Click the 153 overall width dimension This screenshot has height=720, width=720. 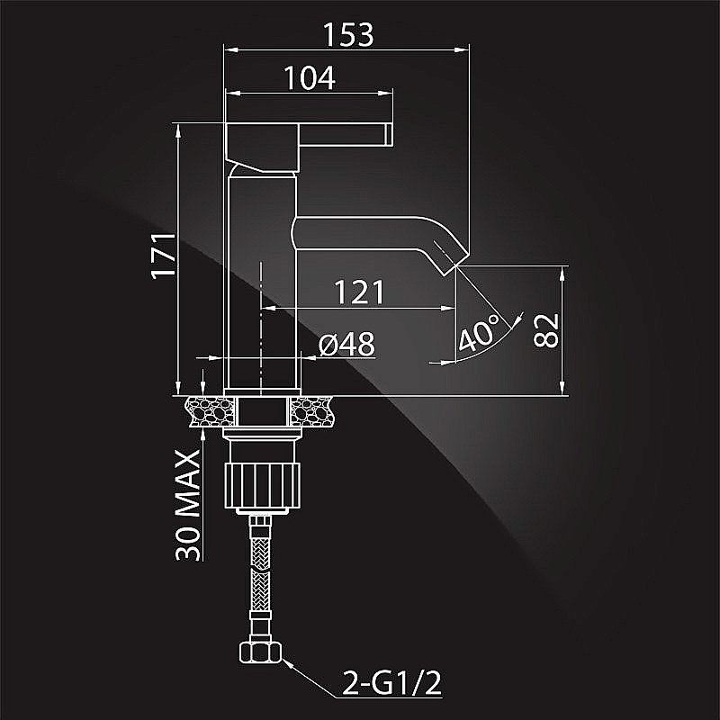click(348, 34)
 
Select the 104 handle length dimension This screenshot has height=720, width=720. click(310, 77)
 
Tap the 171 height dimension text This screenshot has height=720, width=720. click(164, 256)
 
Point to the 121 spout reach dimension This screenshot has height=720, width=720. click(358, 292)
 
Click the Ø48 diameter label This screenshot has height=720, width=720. click(346, 344)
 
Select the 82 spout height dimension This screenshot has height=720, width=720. click(546, 330)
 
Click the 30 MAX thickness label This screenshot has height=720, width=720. click(188, 505)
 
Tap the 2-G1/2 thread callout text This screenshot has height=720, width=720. click(391, 683)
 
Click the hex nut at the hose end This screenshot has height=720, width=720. click(260, 652)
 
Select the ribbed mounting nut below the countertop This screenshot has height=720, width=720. click(262, 485)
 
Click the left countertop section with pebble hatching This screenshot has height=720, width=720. click(211, 411)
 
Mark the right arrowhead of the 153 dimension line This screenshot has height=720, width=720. click(462, 49)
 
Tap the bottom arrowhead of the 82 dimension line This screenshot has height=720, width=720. click(562, 388)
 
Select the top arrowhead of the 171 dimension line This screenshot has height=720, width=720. click(178, 130)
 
